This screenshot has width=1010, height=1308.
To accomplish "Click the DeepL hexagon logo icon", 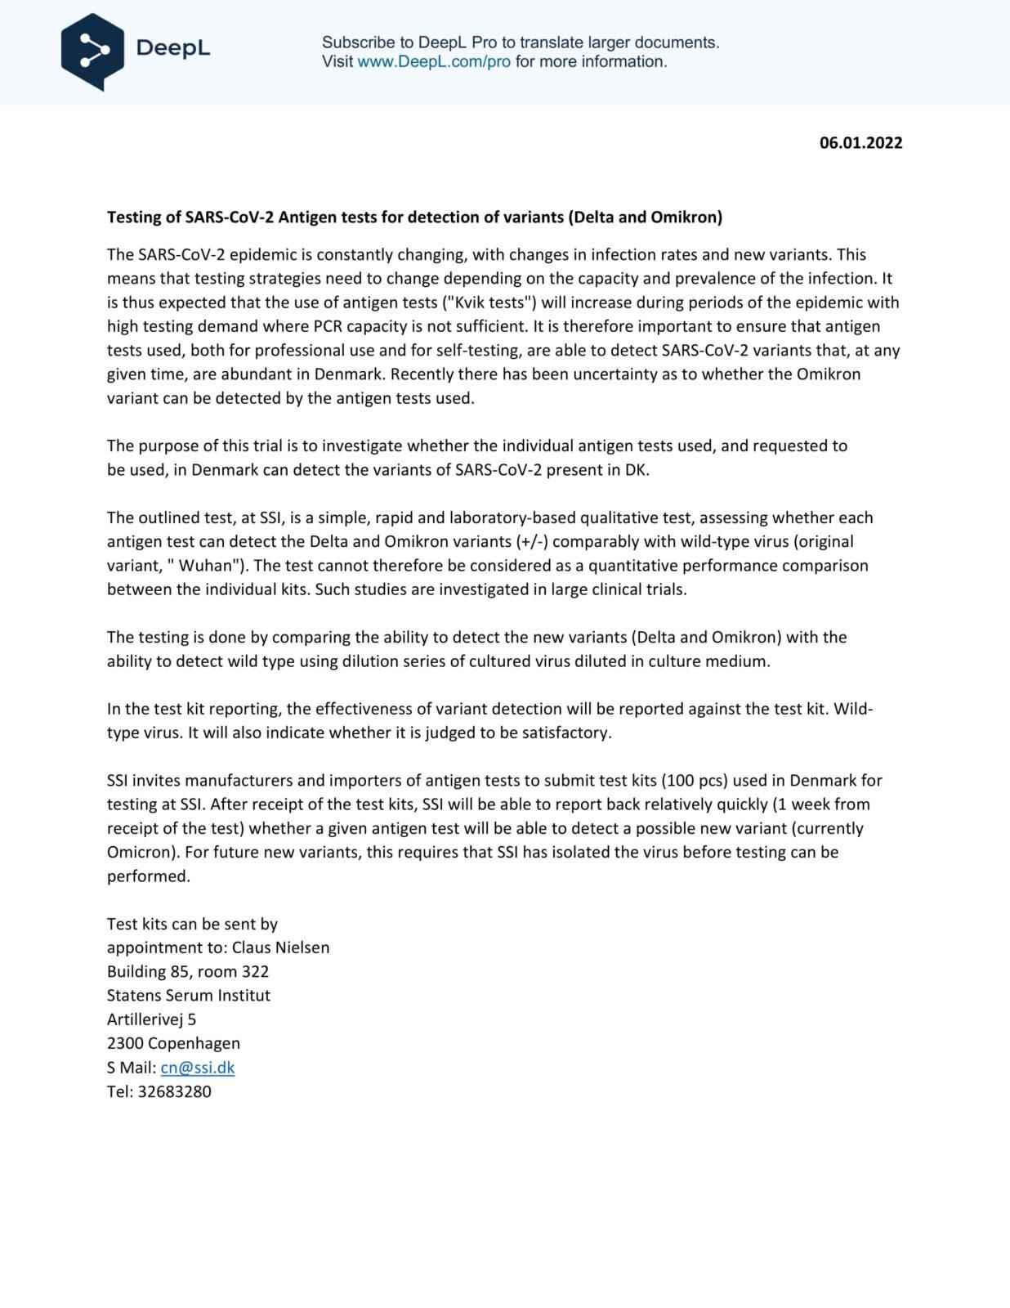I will [92, 51].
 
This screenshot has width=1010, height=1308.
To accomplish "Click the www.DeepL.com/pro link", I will [434, 62].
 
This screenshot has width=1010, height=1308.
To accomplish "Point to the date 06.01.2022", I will [860, 143].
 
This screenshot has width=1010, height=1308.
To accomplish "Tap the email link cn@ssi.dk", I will [198, 1068].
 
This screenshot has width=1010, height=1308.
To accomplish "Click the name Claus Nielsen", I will [280, 947].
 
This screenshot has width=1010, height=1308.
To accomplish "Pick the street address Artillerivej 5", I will [151, 1019].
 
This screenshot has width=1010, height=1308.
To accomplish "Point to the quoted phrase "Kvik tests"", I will [489, 302].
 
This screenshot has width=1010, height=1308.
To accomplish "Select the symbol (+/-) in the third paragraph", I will [532, 542].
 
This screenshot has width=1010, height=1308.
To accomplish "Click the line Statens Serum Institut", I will [188, 996].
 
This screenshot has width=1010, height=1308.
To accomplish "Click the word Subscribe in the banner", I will [355, 43].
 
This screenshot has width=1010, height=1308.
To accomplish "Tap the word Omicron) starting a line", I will [143, 853].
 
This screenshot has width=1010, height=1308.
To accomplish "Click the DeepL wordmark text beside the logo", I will [172, 49].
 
